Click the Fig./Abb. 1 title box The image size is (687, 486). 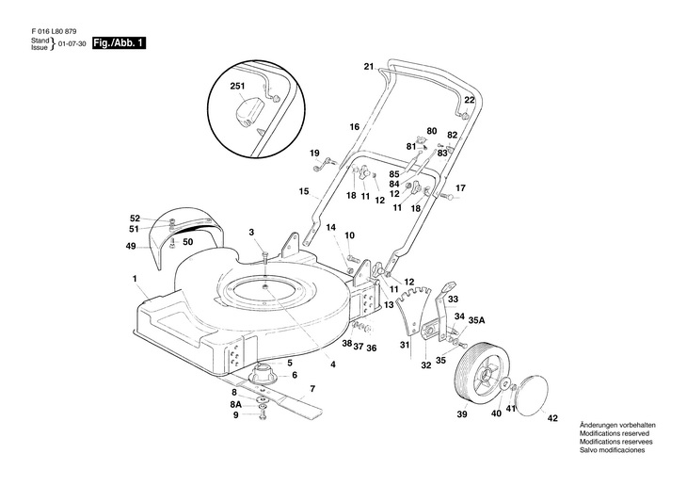click(x=119, y=45)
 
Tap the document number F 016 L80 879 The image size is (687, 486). click(x=53, y=32)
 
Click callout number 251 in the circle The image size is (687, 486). click(x=236, y=86)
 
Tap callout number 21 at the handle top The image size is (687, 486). click(x=369, y=66)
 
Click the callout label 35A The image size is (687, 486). click(x=476, y=320)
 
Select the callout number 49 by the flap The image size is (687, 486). click(x=131, y=246)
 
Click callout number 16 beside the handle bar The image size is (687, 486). click(x=355, y=126)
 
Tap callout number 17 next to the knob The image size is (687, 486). click(x=460, y=188)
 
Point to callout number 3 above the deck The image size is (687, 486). click(x=251, y=232)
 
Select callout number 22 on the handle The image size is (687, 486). click(x=469, y=100)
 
